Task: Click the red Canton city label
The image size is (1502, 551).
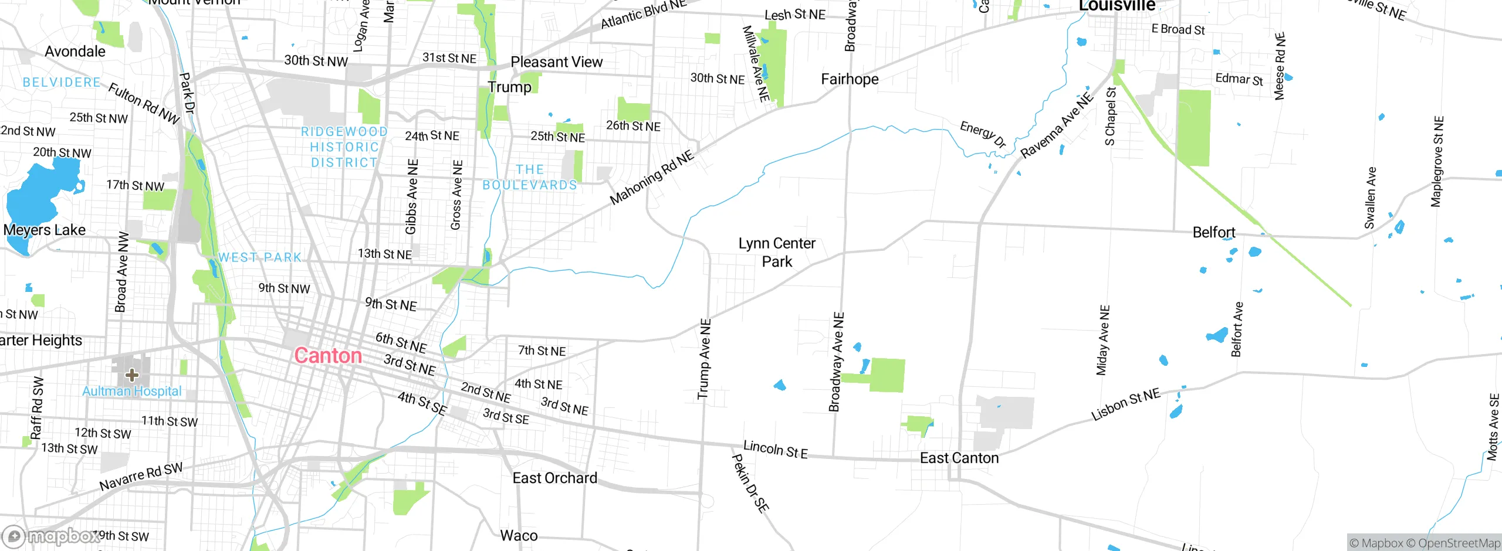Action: coord(327,356)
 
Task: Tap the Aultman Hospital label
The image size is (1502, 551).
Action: coord(132,391)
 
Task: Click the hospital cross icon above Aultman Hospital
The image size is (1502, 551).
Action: coord(132,375)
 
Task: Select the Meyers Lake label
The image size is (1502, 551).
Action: coord(45,230)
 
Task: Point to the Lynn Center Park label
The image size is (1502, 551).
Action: coord(777,252)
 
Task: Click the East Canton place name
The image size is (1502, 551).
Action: coord(959,458)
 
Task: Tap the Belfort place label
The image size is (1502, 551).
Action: coord(1213,233)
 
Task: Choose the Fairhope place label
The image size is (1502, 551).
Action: coord(850,79)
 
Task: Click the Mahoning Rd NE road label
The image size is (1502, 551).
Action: coord(651,178)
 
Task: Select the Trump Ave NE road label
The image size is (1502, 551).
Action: coord(704,359)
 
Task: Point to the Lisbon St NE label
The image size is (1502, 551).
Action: coord(1125,404)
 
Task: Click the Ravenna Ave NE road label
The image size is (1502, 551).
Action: coord(1057,125)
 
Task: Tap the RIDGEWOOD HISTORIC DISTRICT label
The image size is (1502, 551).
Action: coord(344,147)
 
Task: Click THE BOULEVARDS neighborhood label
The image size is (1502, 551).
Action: coord(530,177)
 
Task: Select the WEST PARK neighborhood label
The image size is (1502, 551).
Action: coord(260,257)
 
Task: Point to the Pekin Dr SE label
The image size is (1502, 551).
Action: coord(750,484)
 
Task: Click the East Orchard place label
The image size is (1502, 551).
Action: coord(554,478)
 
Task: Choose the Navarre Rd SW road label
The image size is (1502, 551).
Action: coord(141,477)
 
